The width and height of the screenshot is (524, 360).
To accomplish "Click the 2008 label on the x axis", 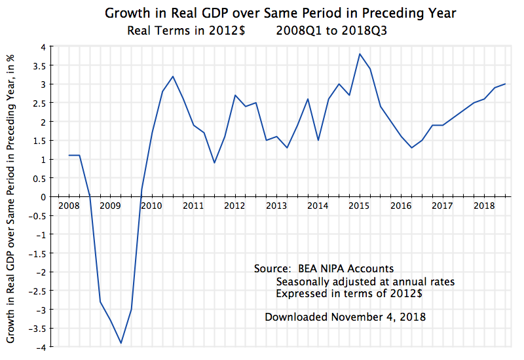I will click(69, 206).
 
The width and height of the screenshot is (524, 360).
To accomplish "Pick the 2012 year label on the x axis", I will click(234, 206).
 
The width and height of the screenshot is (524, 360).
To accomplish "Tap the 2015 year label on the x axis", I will click(359, 206).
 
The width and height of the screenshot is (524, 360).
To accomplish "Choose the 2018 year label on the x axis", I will click(483, 206).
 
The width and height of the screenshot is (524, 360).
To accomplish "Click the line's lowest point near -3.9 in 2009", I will click(121, 343).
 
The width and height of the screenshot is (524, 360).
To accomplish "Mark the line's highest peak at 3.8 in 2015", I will click(360, 54).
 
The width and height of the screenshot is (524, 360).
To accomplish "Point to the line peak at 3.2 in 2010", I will click(173, 77).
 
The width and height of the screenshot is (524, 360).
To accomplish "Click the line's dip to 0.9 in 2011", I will click(214, 163).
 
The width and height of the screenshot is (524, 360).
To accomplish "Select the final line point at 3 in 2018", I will click(505, 84).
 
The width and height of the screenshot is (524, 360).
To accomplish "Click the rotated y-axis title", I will click(12, 196).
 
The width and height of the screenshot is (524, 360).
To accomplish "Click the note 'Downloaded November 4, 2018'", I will click(345, 317).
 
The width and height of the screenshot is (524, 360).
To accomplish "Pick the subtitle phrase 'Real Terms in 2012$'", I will click(186, 30).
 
